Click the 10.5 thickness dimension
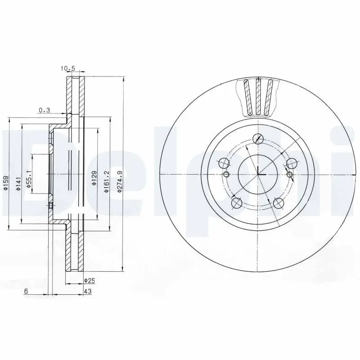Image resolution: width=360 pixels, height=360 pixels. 67,69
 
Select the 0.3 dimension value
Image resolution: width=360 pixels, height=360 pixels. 44,110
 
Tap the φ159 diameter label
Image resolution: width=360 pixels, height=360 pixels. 5,183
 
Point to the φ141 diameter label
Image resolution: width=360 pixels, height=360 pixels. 18,183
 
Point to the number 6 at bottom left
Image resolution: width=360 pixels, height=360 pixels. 26,292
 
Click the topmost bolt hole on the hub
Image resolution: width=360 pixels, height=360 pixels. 258,138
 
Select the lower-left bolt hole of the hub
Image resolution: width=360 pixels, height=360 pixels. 236,203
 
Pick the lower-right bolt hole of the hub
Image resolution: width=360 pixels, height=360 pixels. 279,203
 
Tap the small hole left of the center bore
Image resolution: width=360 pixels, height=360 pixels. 226,175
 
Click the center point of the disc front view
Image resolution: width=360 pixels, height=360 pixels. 258,174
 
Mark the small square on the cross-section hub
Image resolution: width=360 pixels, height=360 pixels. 50,206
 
